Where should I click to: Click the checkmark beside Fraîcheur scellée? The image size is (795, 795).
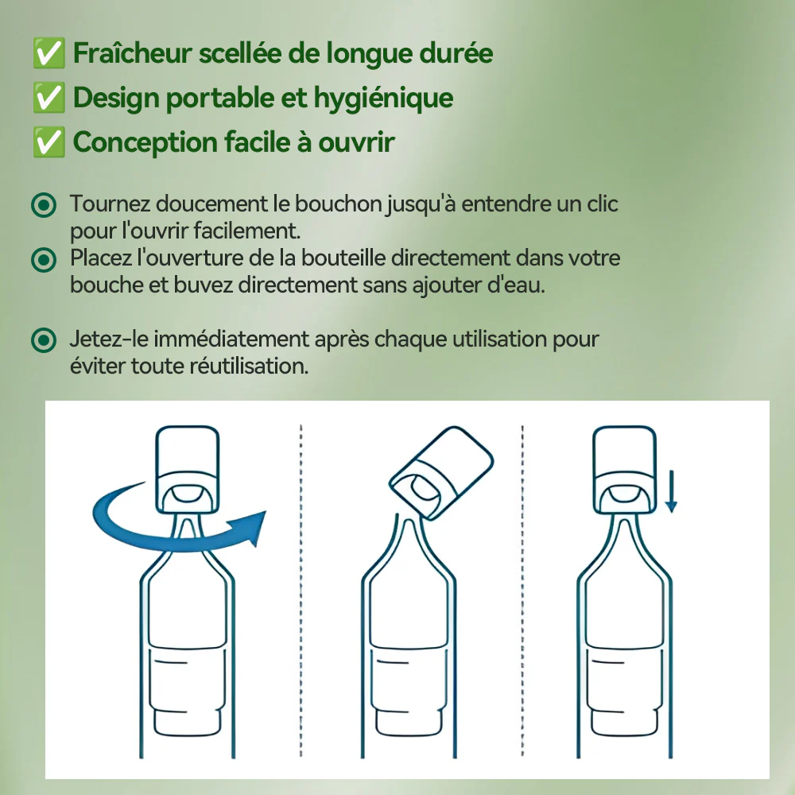click(48, 52)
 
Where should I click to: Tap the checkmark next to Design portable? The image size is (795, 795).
click(48, 97)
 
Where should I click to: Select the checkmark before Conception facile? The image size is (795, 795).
click(48, 142)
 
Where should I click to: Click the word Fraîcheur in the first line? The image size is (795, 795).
click(132, 52)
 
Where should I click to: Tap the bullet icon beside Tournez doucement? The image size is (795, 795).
click(44, 205)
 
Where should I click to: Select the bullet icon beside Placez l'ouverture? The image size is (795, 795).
click(44, 260)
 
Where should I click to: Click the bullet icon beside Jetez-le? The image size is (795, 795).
click(44, 340)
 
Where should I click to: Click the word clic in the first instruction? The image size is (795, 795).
click(603, 204)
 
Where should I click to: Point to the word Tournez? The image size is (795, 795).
click(110, 204)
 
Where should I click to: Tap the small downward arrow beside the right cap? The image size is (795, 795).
click(671, 491)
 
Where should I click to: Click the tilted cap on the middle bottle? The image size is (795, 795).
click(441, 472)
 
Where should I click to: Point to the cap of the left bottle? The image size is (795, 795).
click(187, 470)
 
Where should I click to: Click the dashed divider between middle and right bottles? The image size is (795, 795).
click(523, 591)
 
